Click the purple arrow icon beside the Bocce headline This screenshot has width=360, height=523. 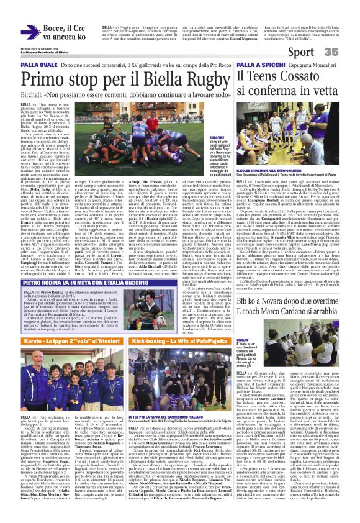point(30,32)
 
